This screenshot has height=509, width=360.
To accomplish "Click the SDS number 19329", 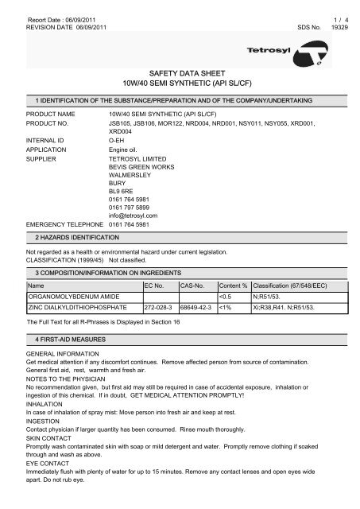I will (x=340, y=25).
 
